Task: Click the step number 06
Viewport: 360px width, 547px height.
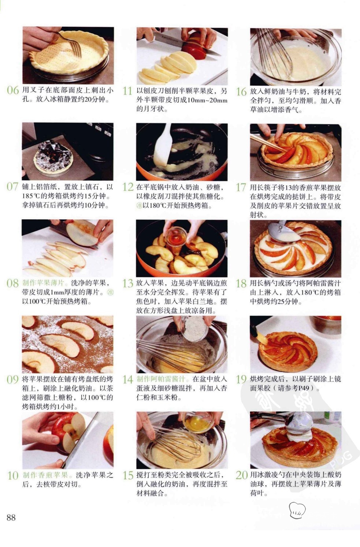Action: pyautogui.click(x=13, y=90)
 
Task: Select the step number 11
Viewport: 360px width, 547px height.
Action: pyautogui.click(x=127, y=91)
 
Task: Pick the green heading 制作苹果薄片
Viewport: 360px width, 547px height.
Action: pyautogui.click(x=44, y=283)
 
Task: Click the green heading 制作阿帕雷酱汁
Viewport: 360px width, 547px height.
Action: pyautogui.click(x=161, y=379)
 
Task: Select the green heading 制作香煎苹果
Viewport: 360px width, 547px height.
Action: pyautogui.click(x=45, y=475)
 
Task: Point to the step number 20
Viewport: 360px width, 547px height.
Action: pyautogui.click(x=242, y=475)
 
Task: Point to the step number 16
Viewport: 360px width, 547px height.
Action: pyautogui.click(x=241, y=92)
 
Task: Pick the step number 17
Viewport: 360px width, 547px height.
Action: pyautogui.click(x=241, y=187)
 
